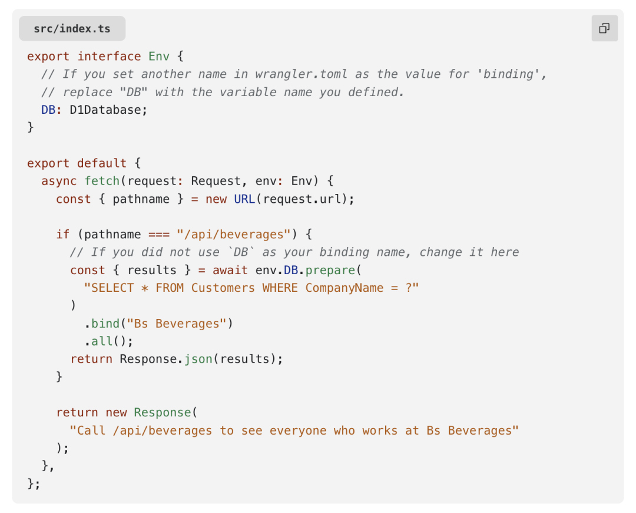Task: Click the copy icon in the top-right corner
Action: click(604, 28)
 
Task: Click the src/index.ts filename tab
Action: click(72, 28)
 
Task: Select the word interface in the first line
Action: click(109, 57)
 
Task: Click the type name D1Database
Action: click(108, 110)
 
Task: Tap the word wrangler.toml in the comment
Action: click(301, 74)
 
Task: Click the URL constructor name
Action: click(244, 199)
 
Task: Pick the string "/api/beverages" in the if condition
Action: click(234, 235)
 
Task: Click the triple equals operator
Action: click(159, 235)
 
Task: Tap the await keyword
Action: click(230, 270)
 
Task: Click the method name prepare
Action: click(331, 270)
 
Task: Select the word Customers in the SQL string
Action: click(223, 288)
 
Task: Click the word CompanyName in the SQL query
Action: click(344, 288)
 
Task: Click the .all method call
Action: click(101, 341)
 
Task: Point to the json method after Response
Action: click(198, 359)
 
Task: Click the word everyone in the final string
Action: click(298, 430)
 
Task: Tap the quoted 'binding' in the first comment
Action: click(515, 74)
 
